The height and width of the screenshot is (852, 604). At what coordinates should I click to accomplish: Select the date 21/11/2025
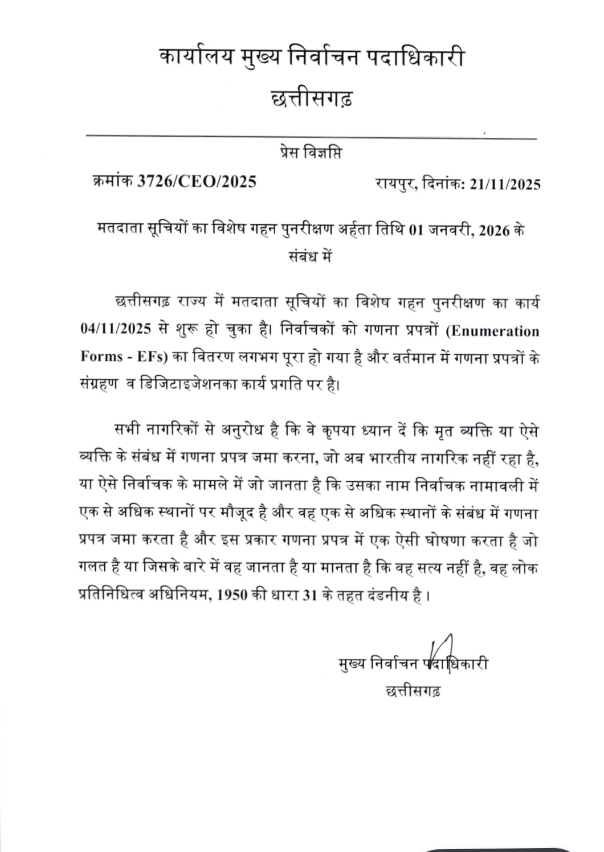[x=505, y=185]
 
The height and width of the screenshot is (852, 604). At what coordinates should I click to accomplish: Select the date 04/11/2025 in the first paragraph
[x=116, y=331]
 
